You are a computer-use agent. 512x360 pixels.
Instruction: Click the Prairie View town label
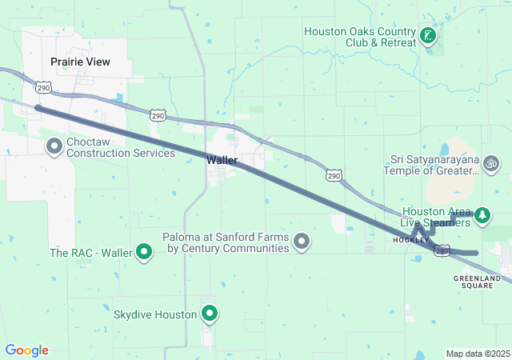pos(80,62)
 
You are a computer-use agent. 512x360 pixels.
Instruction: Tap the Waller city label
pos(222,160)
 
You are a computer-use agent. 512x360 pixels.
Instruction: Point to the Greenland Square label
pos(477,282)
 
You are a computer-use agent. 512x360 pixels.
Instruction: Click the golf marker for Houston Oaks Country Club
pos(428,35)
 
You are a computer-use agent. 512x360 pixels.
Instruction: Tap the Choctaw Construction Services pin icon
pos(54,146)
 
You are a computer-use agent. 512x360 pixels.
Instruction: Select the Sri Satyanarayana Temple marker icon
pos(492,163)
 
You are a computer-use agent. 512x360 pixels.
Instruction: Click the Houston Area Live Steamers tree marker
pos(482,214)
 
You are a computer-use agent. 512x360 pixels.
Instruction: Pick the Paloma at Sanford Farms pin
pos(302,241)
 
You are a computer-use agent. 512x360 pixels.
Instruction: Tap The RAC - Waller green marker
pos(145,253)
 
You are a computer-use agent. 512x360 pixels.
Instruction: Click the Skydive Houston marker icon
pos(210,314)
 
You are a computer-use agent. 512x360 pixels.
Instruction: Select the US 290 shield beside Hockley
pos(442,251)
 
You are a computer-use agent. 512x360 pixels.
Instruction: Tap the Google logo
pos(26,350)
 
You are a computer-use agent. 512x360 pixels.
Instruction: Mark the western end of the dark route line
pos(37,107)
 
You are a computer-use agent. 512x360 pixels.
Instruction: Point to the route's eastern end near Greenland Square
pos(475,253)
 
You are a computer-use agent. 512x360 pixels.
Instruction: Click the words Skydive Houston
pos(155,314)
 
